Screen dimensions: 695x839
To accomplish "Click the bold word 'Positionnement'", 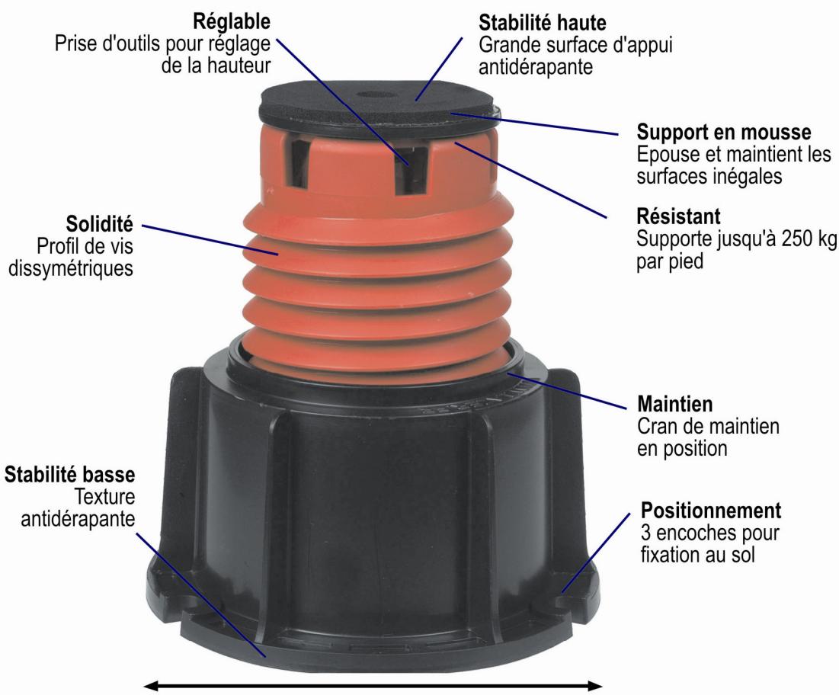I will point(700,508).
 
